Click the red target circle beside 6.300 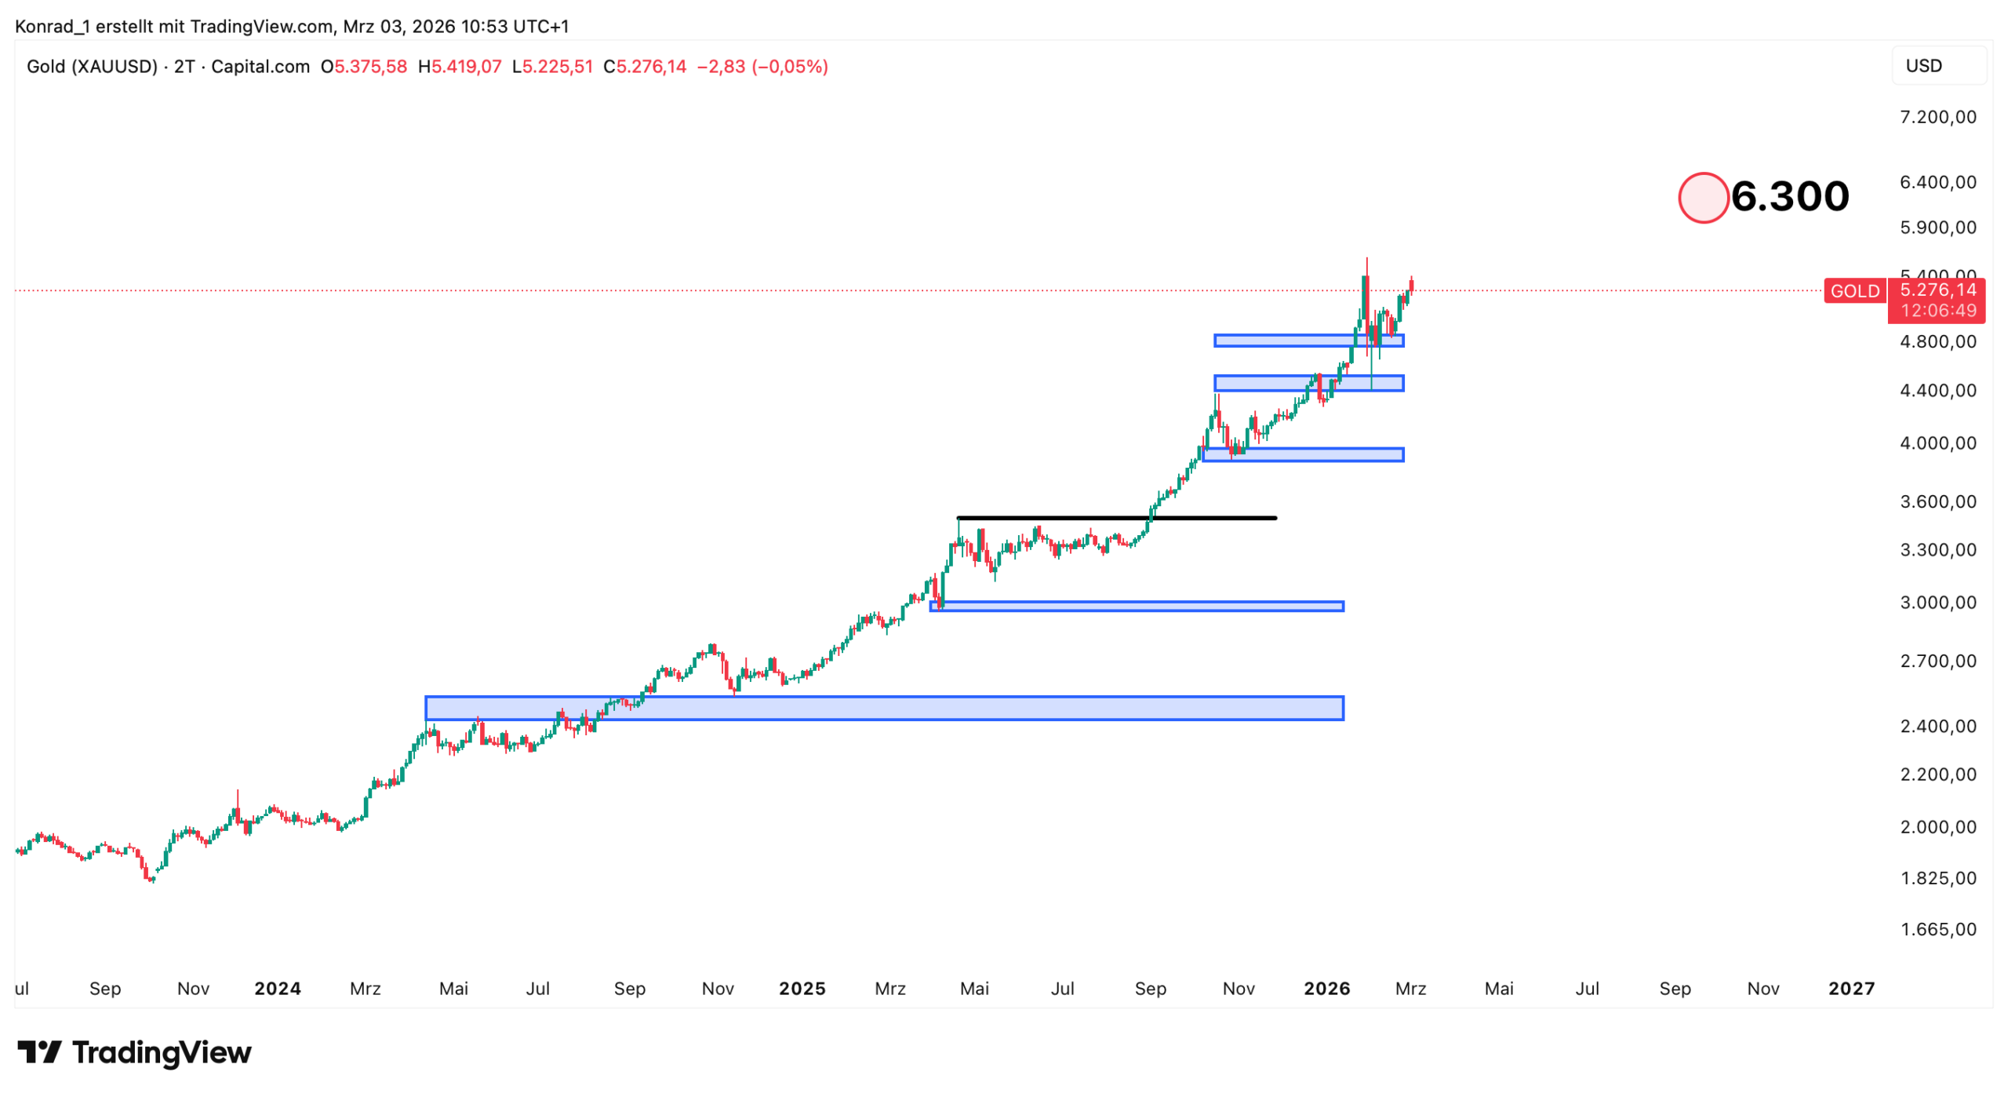click(x=1702, y=198)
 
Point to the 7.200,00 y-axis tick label click(x=1937, y=117)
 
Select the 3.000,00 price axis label click(x=1937, y=603)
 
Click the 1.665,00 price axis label click(x=1937, y=929)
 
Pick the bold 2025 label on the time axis click(x=802, y=988)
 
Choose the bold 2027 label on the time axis click(x=1851, y=988)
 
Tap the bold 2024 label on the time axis click(x=278, y=988)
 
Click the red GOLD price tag click(x=1854, y=291)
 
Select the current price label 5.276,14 click(x=1937, y=290)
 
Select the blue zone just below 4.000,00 click(x=1303, y=454)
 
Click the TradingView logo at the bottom click(x=134, y=1052)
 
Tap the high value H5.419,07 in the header click(x=460, y=67)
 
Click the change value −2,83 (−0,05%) click(x=762, y=67)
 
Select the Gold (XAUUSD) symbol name click(x=93, y=67)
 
